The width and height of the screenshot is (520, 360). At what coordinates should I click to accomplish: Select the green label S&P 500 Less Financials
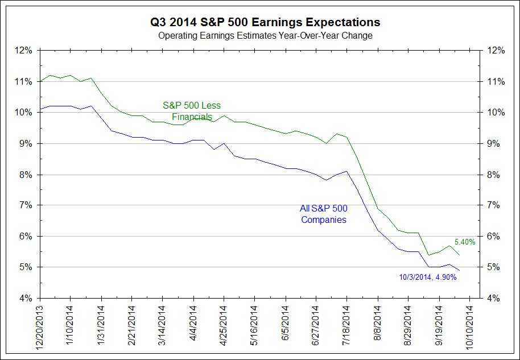(x=192, y=111)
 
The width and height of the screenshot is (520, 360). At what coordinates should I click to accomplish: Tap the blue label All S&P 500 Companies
(x=324, y=214)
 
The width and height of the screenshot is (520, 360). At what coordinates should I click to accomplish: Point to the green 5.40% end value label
(x=465, y=242)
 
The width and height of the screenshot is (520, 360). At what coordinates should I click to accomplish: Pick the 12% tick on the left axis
(x=24, y=50)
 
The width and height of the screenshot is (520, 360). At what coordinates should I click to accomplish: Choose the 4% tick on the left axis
(x=24, y=297)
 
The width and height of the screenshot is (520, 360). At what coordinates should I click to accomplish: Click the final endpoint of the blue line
(x=460, y=270)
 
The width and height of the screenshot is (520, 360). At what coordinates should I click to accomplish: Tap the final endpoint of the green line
(x=460, y=254)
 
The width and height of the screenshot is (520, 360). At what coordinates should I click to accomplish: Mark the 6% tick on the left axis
(x=26, y=236)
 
